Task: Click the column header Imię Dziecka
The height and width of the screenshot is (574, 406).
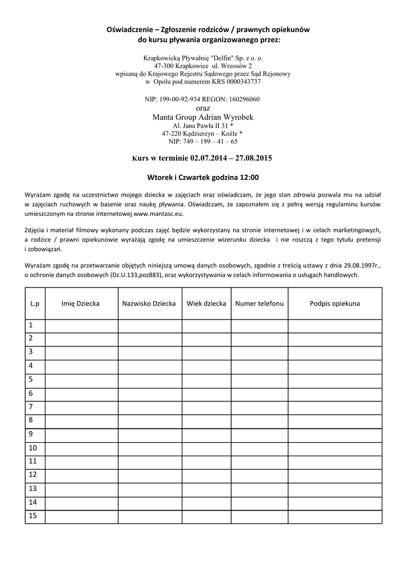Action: [x=81, y=303]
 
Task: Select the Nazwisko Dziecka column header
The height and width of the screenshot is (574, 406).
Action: [x=149, y=303]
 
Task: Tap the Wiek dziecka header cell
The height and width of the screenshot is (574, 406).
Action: [x=206, y=303]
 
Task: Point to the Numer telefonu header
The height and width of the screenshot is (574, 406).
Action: [x=259, y=303]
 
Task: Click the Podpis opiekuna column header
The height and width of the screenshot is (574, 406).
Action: [x=335, y=303]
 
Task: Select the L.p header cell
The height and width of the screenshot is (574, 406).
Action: [x=35, y=303]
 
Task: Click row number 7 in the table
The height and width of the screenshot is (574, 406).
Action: [x=31, y=407]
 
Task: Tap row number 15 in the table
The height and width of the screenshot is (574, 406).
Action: [x=33, y=516]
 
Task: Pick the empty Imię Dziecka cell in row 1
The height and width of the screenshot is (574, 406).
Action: [x=81, y=325]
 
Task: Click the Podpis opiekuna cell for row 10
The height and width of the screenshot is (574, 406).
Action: [x=335, y=448]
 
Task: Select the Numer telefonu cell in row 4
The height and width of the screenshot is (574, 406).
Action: [x=259, y=366]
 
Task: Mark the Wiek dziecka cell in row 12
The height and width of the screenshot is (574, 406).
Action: [x=206, y=475]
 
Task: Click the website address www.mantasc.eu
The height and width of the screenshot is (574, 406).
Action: [x=159, y=214]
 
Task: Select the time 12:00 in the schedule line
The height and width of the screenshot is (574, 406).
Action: [x=249, y=177]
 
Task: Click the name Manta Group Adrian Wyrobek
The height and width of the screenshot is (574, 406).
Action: [x=202, y=117]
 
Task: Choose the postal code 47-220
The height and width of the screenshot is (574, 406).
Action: [x=172, y=134]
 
